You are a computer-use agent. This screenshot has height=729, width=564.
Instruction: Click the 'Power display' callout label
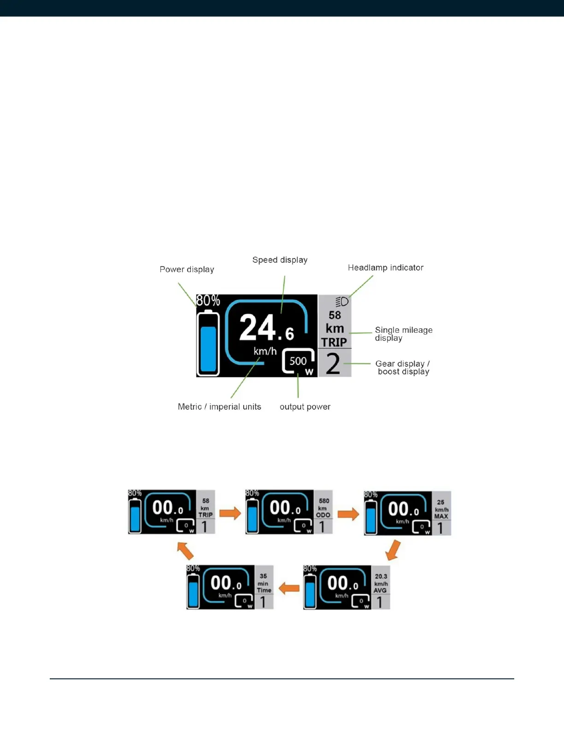pos(187,270)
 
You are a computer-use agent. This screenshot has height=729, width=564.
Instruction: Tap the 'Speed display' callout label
pos(280,260)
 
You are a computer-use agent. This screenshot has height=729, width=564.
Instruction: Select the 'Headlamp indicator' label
pos(385,268)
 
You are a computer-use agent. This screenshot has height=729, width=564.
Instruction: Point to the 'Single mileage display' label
pos(403,334)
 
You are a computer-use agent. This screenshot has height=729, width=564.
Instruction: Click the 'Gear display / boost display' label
pos(403,368)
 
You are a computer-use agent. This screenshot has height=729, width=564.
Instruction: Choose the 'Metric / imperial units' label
pos(219,407)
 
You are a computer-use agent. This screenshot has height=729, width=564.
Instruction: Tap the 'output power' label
pos(305,407)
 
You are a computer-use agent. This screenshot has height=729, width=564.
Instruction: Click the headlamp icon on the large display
pos(341,301)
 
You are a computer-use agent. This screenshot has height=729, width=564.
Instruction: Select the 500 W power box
pos(299,362)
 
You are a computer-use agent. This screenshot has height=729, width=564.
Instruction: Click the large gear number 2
pos(333,364)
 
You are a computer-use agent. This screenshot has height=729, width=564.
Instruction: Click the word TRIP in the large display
pos(334,342)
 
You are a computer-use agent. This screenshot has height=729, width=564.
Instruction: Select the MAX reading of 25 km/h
pos(441,509)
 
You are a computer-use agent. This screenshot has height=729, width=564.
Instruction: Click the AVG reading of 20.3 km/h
pos(381,583)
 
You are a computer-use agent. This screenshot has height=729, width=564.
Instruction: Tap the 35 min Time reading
pos(264,583)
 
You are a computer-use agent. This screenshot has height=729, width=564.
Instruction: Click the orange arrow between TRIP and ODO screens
pos(230,513)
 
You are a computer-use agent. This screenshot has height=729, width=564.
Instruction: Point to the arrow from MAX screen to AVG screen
pos(393,550)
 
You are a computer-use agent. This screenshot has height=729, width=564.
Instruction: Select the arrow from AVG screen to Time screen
pos(289,588)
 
